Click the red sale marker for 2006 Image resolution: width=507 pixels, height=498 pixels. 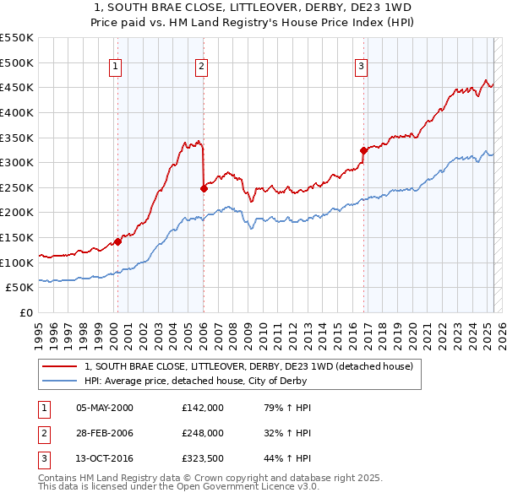pyautogui.click(x=204, y=188)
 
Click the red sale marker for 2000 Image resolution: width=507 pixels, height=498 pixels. pyautogui.click(x=117, y=241)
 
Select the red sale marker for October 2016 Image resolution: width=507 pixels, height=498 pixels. pyautogui.click(x=363, y=151)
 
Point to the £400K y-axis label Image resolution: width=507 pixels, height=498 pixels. pyautogui.click(x=17, y=112)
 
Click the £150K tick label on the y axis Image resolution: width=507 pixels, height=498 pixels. pyautogui.click(x=17, y=237)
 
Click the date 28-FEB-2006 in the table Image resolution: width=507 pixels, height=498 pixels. pyautogui.click(x=105, y=433)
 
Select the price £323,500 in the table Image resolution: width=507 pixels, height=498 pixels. pyautogui.click(x=202, y=459)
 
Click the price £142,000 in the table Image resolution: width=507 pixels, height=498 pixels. pyautogui.click(x=202, y=407)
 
